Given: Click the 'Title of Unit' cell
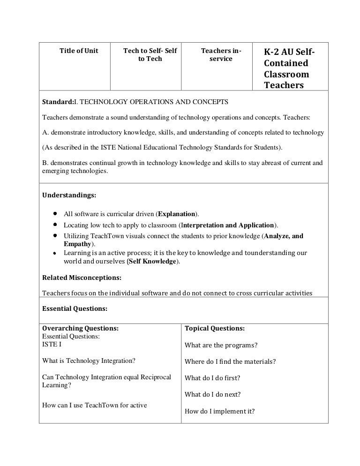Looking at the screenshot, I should point(79,51).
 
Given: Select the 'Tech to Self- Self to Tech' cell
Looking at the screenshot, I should point(150,55).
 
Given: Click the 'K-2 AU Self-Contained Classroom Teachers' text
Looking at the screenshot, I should point(288,68).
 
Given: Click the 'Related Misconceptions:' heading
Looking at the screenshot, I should point(82,277).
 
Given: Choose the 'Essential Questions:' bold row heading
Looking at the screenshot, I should point(75,308).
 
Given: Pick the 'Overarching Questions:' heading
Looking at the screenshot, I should point(80,329).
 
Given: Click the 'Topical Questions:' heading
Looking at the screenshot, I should point(215,329).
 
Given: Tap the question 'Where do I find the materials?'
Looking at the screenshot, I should point(230,361).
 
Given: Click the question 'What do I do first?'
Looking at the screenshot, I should point(212,378).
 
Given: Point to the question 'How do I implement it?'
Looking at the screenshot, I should point(220,411).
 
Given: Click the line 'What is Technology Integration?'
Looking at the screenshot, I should point(89,361).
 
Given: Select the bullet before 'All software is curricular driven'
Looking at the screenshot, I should point(55,214).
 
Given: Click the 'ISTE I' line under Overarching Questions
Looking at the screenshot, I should point(52,344).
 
